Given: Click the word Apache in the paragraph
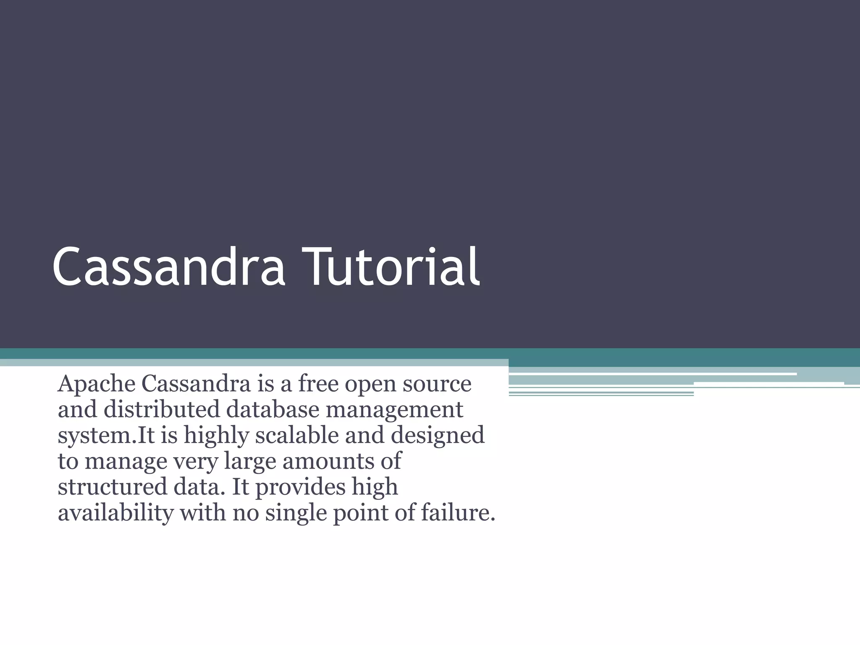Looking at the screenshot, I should pos(96,384).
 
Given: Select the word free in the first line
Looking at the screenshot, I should pos(318,384).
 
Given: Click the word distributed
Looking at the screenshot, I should pos(161,409).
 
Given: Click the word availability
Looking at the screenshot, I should pos(115,513).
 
